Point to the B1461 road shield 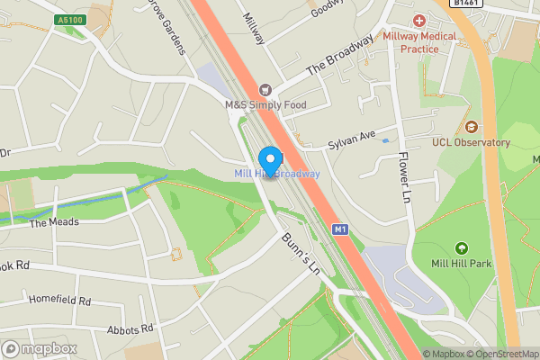click(x=466, y=4)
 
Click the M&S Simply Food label click(x=265, y=105)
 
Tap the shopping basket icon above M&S click(x=265, y=90)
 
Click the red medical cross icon click(x=418, y=20)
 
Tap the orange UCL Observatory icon click(x=471, y=125)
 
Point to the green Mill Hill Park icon click(x=462, y=247)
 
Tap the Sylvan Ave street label click(x=351, y=137)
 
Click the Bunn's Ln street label click(x=301, y=254)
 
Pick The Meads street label click(x=54, y=221)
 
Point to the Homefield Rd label click(x=59, y=301)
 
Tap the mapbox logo click(x=40, y=348)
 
